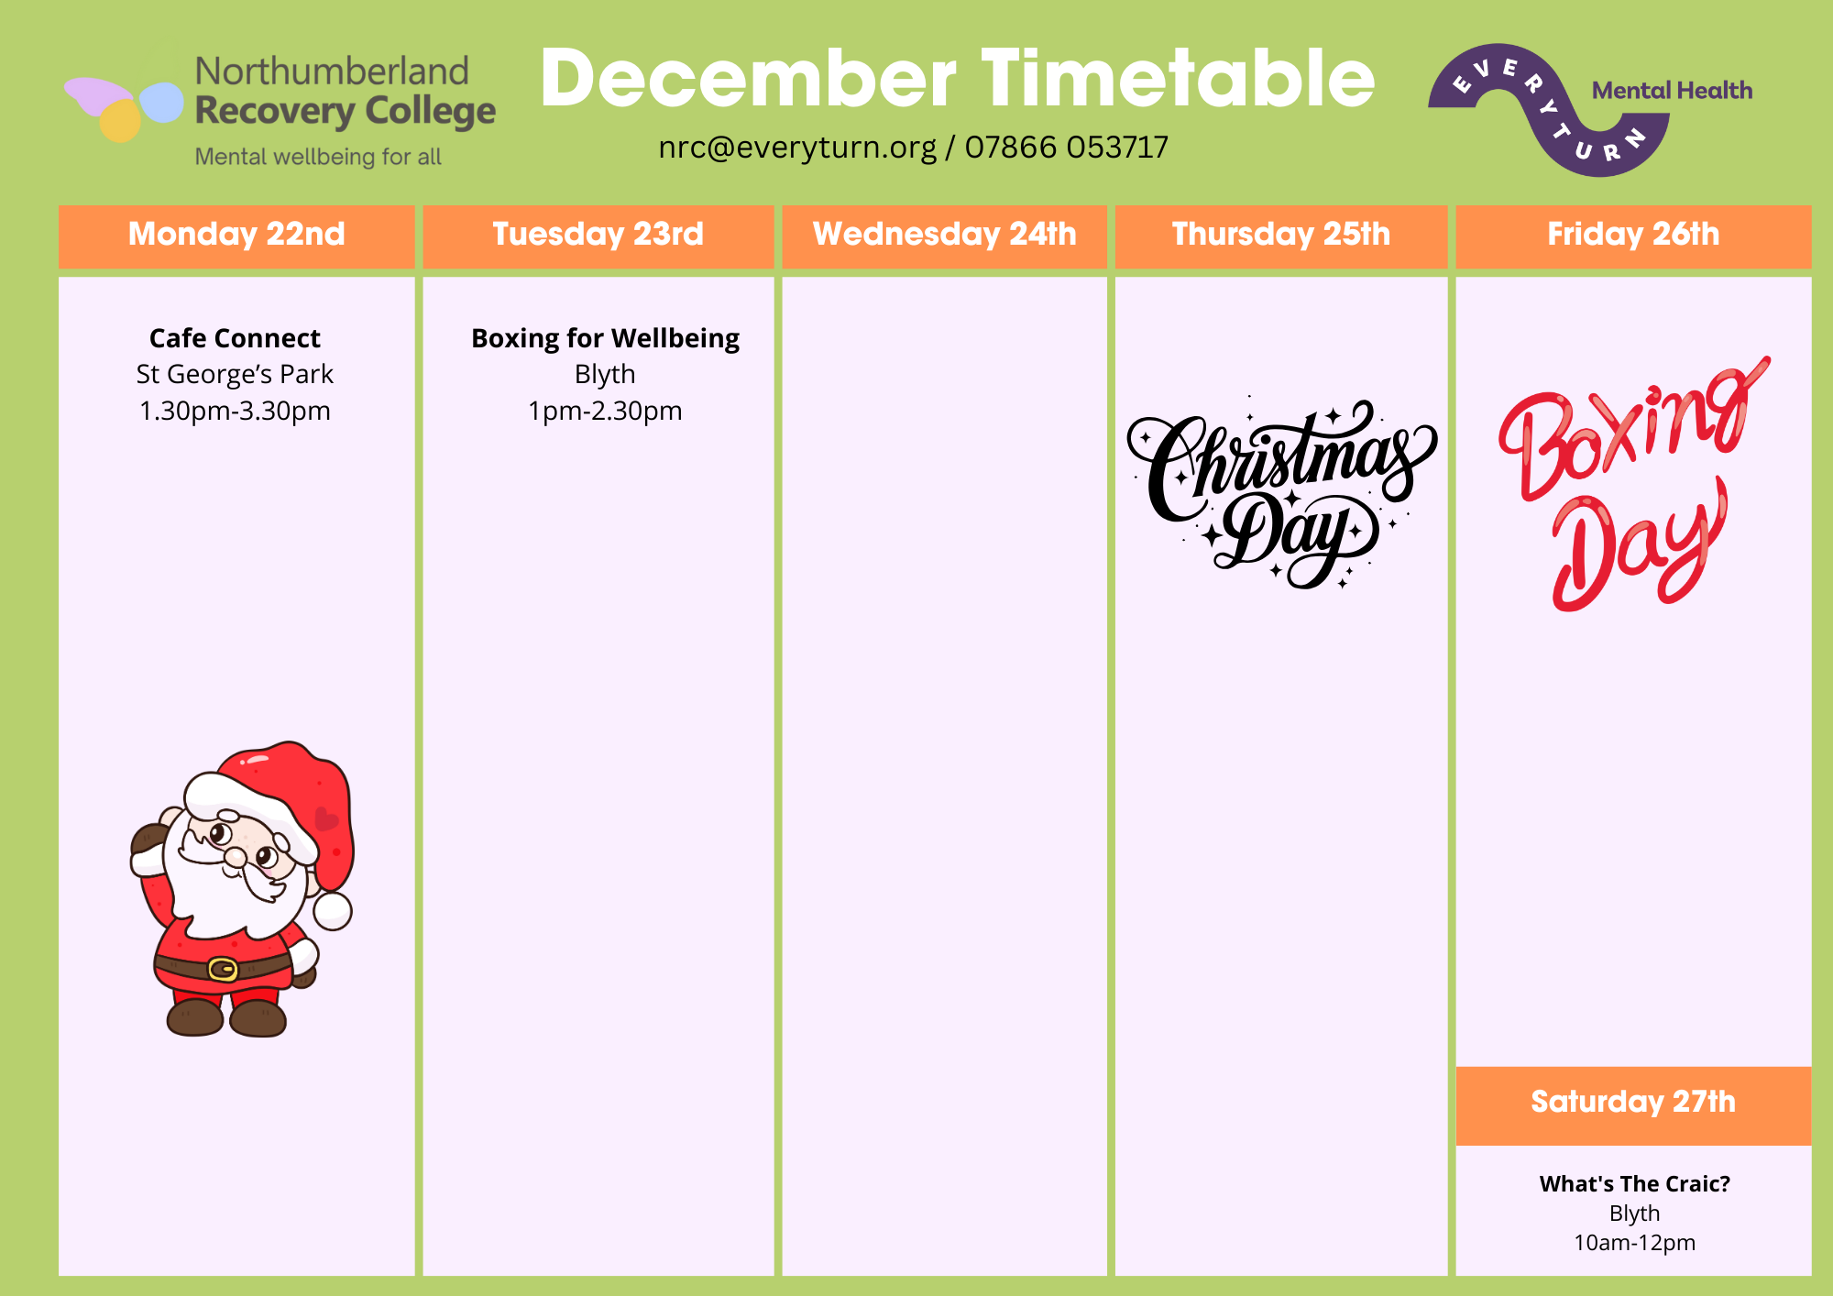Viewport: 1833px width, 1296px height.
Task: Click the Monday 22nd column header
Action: pos(236,235)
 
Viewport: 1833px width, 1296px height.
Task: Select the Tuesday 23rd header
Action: pos(598,235)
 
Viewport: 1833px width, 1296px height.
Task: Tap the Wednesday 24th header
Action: pos(944,235)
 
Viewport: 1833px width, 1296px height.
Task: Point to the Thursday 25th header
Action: pos(1281,235)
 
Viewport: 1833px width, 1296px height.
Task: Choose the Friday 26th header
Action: pos(1633,235)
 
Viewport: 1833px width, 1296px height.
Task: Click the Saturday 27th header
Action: pos(1633,1102)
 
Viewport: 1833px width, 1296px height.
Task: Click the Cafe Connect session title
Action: pos(235,338)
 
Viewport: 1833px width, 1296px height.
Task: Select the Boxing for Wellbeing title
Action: pos(605,339)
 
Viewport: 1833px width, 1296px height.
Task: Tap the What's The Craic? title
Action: pos(1635,1184)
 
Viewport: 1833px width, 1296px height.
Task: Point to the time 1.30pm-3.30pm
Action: pos(235,411)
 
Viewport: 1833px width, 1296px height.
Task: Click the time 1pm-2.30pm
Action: pos(605,411)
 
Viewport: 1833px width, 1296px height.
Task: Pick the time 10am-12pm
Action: pos(1635,1243)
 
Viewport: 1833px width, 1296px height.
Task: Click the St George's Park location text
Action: pos(235,375)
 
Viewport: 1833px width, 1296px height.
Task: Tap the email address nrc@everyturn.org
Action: pos(797,148)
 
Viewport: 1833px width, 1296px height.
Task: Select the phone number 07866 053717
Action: pos(1067,147)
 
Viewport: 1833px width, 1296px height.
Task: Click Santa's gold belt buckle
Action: pos(223,969)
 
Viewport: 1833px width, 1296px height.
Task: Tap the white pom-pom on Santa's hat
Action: pos(333,910)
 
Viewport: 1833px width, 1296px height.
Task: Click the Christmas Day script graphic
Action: pos(1281,493)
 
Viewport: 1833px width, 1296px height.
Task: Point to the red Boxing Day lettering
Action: pos(1633,484)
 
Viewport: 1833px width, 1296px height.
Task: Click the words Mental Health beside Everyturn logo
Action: pos(1672,91)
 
